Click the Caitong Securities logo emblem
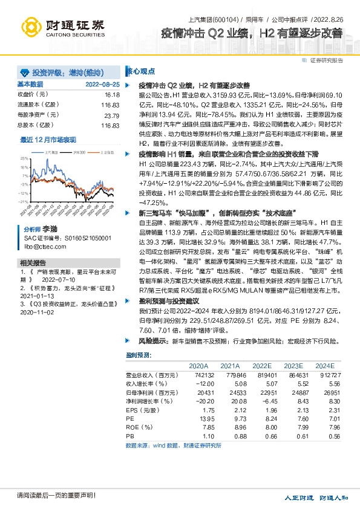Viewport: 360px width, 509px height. [28, 26]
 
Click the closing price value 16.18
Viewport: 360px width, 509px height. [112, 95]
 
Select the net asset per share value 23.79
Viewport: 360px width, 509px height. [111, 115]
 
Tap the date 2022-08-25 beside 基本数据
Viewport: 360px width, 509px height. [103, 85]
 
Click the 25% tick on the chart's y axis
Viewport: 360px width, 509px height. [24, 157]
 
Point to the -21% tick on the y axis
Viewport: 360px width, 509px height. [23, 202]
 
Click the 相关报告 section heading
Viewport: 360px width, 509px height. [33, 263]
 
